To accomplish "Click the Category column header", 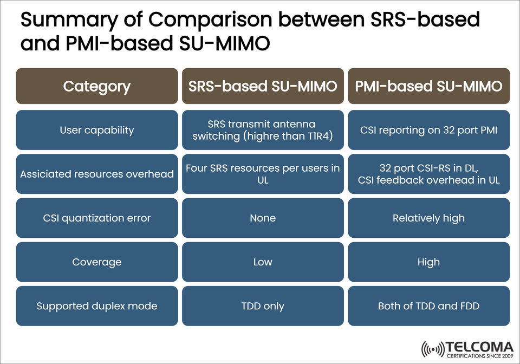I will tap(97, 86).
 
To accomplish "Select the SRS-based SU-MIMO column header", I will tap(263, 86).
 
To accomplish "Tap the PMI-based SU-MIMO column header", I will tap(428, 86).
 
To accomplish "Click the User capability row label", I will tap(97, 130).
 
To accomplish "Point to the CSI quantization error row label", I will tap(97, 218).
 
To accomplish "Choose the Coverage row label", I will tap(97, 262).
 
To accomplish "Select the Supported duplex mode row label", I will tap(97, 306).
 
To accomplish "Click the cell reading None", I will tap(263, 218).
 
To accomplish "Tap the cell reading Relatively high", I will tap(428, 218).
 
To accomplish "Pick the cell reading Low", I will tap(263, 262).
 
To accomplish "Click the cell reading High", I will tap(428, 262).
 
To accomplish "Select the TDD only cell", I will tap(263, 306).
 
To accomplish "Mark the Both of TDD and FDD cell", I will tap(428, 306).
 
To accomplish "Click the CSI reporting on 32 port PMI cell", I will tap(428, 130).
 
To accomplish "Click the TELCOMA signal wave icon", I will tap(432, 349).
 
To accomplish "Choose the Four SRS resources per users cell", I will tap(263, 174).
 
